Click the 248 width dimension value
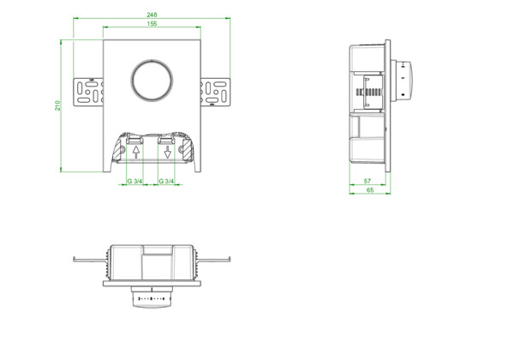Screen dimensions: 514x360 [x=152, y=15]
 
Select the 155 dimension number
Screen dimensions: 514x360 [x=152, y=24]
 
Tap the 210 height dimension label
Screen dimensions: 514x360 [x=57, y=105]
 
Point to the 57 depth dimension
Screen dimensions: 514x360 [x=368, y=181]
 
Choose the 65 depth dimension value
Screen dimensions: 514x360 [x=370, y=189]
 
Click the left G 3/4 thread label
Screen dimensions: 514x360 [x=134, y=181]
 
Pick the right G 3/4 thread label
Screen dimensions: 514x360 [x=166, y=181]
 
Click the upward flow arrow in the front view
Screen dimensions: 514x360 [x=136, y=152]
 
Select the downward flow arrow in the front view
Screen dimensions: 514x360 [x=168, y=152]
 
